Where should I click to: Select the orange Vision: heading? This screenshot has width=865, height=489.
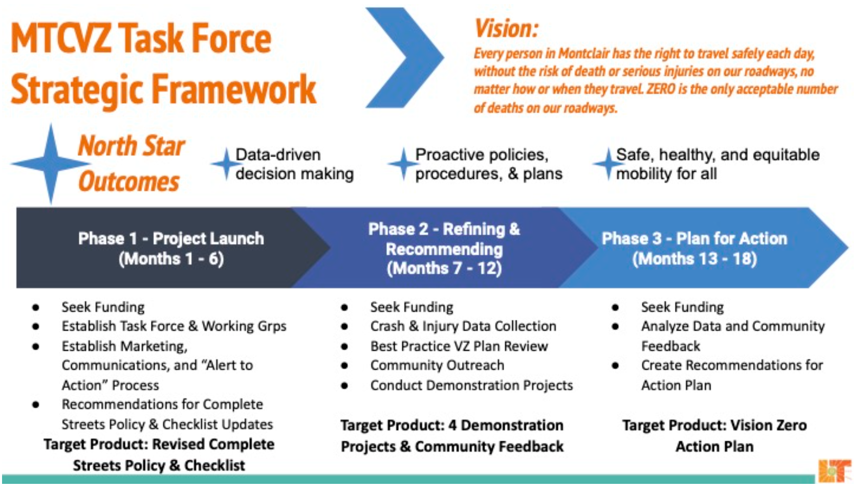(x=506, y=28)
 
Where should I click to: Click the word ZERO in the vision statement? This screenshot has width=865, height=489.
(x=661, y=89)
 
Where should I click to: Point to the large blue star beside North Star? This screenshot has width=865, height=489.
(x=50, y=164)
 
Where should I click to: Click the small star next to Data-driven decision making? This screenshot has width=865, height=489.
(x=226, y=164)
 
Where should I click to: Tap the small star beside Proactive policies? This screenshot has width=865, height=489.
(x=403, y=164)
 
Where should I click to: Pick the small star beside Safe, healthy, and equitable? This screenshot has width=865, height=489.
(x=608, y=164)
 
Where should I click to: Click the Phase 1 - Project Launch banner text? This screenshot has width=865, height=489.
(x=171, y=238)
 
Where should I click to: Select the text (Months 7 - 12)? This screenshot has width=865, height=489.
(x=444, y=268)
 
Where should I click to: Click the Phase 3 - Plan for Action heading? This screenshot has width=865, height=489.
(x=694, y=238)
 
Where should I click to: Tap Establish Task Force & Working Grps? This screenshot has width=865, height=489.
(x=174, y=326)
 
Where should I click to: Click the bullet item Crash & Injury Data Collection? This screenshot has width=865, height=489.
(x=463, y=326)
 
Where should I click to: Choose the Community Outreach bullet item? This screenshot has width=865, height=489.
(x=437, y=365)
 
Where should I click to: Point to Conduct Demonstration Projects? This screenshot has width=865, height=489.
(x=471, y=385)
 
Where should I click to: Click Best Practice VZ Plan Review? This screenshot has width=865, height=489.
(x=459, y=346)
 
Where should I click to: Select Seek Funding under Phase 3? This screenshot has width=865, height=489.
(x=682, y=307)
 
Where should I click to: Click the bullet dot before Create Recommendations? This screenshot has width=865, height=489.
(x=615, y=365)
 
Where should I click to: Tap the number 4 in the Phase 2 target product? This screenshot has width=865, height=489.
(x=452, y=425)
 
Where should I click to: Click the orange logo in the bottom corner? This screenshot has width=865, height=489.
(x=834, y=471)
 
